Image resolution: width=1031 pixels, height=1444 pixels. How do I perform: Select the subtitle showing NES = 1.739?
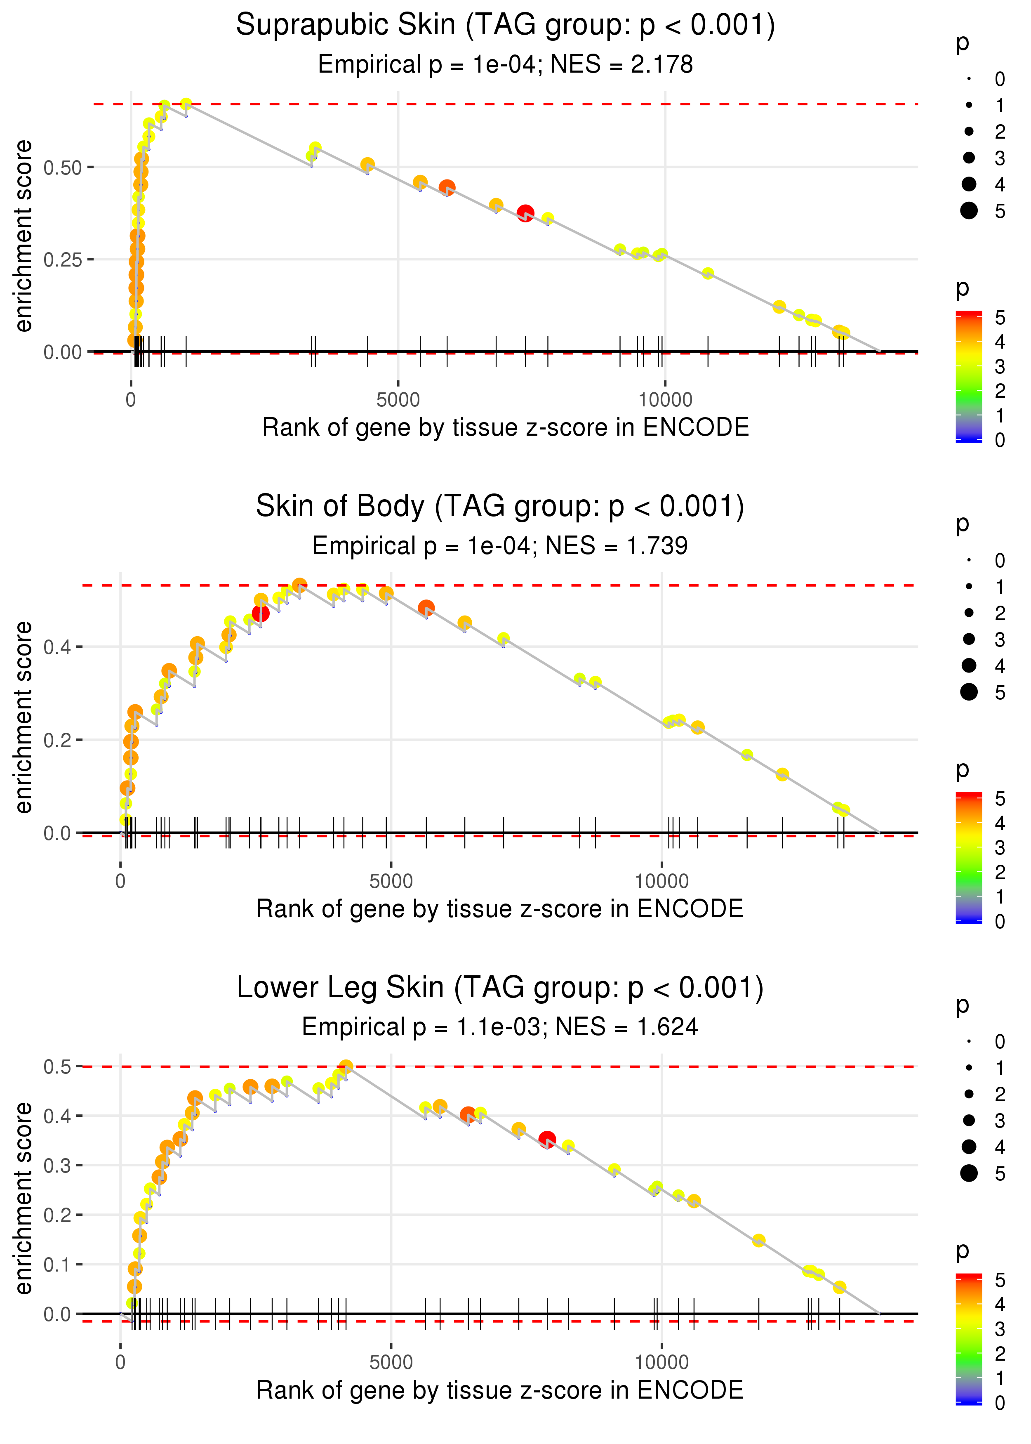500,545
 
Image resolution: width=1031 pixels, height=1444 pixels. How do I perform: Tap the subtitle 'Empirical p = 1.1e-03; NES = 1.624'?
500,1027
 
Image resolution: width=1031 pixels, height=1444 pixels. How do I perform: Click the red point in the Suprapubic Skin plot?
525,213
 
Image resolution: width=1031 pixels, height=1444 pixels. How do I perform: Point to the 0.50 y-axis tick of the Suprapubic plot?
62,168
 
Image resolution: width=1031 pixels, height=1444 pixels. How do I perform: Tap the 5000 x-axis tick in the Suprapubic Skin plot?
398,400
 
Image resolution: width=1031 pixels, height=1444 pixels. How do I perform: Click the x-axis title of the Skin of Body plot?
500,909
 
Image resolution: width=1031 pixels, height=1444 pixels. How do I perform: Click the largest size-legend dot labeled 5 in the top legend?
969,210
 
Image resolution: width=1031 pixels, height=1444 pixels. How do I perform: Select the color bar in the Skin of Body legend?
968,857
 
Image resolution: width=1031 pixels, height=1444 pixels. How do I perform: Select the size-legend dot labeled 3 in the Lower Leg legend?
969,1120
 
